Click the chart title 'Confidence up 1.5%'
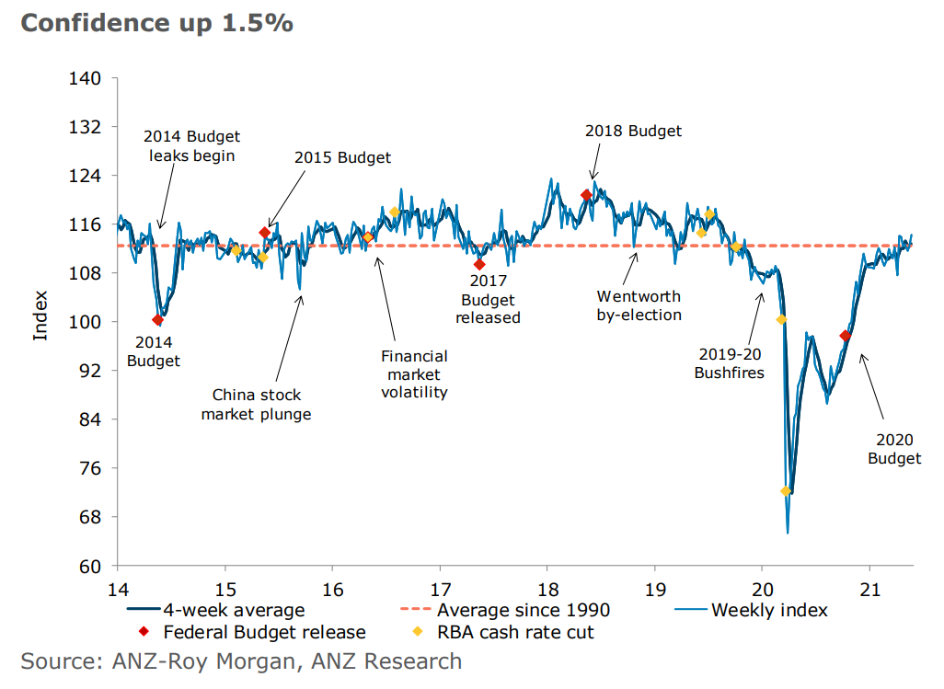pyautogui.click(x=156, y=23)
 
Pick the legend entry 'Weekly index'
pyautogui.click(x=769, y=610)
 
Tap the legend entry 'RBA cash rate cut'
pyautogui.click(x=515, y=632)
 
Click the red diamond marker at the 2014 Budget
pyautogui.click(x=157, y=320)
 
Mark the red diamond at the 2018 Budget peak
pyautogui.click(x=586, y=195)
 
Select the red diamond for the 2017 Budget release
pyautogui.click(x=479, y=264)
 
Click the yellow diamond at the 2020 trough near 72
pyautogui.click(x=786, y=491)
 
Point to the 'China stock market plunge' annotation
pyautogui.click(x=256, y=405)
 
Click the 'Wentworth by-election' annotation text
pyautogui.click(x=639, y=305)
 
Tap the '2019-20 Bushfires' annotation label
pyautogui.click(x=730, y=363)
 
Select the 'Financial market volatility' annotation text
pyautogui.click(x=415, y=374)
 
